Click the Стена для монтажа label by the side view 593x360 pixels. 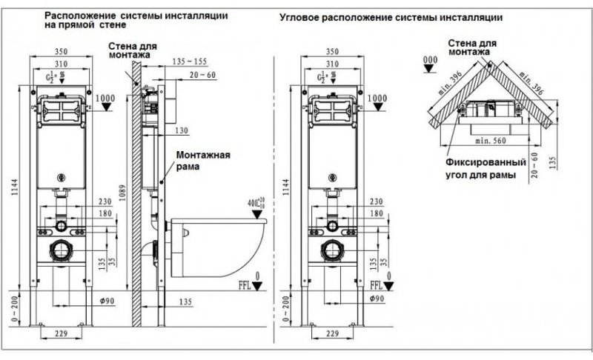(x=131, y=50)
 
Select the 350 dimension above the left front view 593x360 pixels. (x=61, y=53)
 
